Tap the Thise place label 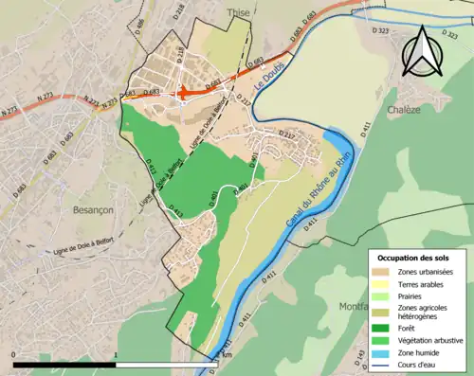237,13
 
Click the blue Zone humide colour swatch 383,352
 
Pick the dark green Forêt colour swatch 383,328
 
